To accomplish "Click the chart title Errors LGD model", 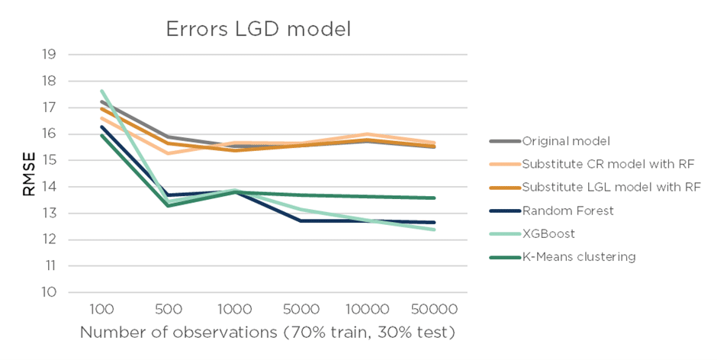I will click(x=259, y=30).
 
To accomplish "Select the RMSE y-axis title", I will click(x=28, y=173).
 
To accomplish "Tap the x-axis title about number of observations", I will click(x=268, y=333).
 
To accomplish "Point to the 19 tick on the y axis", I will click(x=49, y=54).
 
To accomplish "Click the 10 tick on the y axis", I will click(x=49, y=292).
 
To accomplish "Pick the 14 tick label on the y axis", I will click(x=49, y=187).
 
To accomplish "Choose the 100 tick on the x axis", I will click(x=101, y=310).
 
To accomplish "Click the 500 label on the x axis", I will click(x=168, y=310).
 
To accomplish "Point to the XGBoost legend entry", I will click(x=546, y=233).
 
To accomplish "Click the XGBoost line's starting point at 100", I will click(x=101, y=91).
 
